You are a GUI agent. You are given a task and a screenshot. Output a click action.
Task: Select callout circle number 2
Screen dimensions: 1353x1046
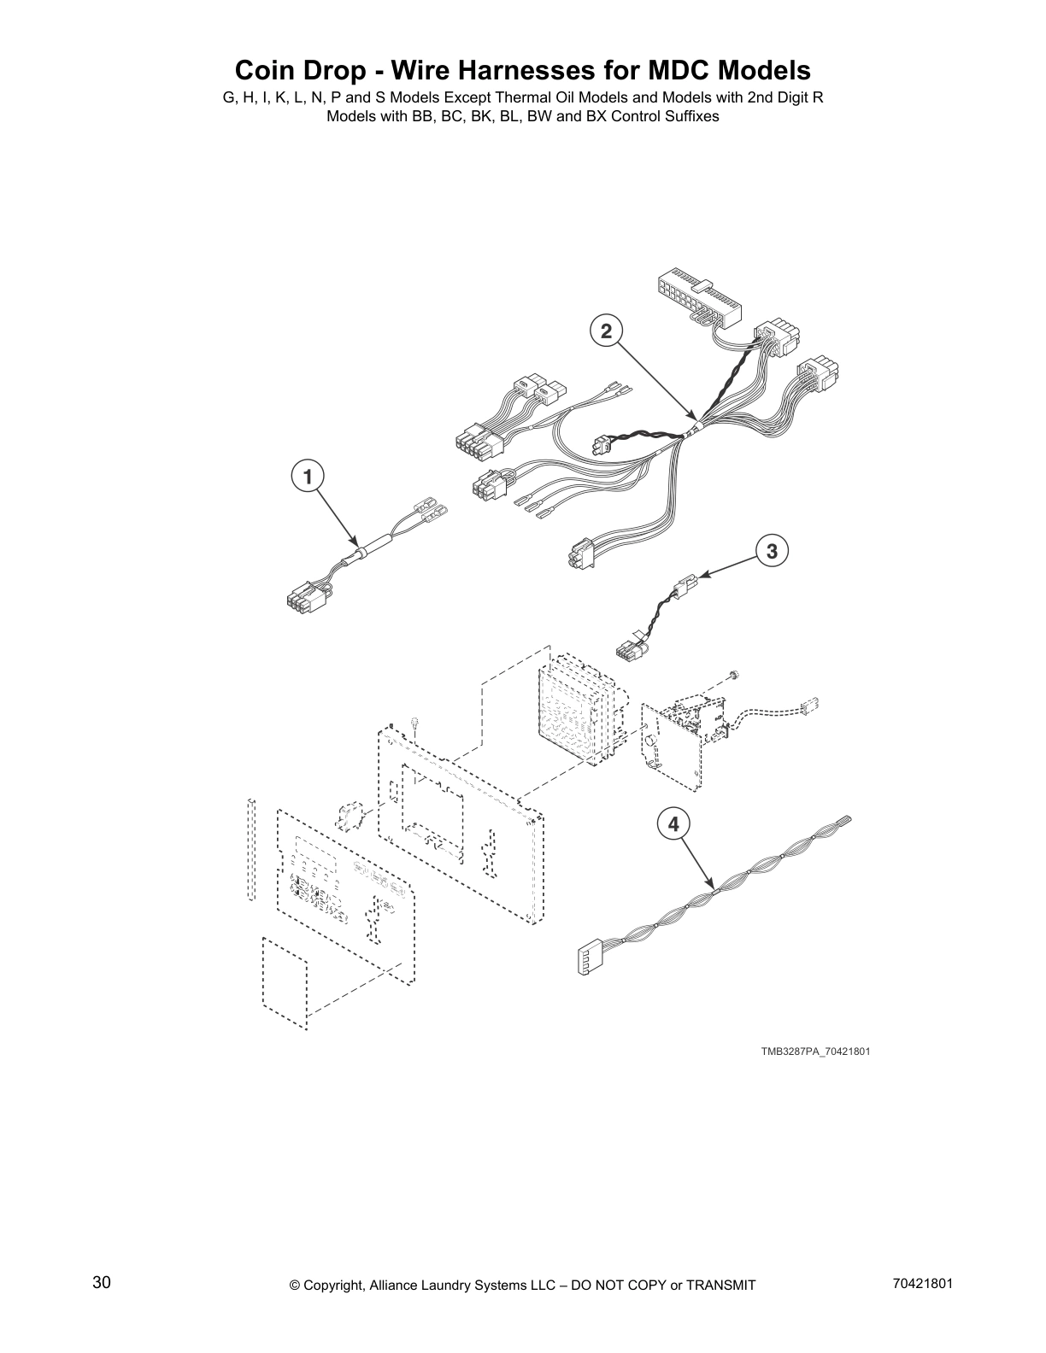click(606, 331)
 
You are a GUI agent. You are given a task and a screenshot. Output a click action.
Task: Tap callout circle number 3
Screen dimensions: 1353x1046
click(772, 551)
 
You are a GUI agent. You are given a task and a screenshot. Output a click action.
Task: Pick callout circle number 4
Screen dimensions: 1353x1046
click(673, 824)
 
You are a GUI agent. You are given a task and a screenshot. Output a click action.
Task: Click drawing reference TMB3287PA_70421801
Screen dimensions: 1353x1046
click(815, 1051)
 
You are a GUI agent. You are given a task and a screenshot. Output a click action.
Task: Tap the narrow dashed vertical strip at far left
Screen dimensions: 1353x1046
click(250, 849)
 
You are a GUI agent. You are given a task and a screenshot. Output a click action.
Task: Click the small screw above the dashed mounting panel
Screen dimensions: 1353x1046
click(414, 724)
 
